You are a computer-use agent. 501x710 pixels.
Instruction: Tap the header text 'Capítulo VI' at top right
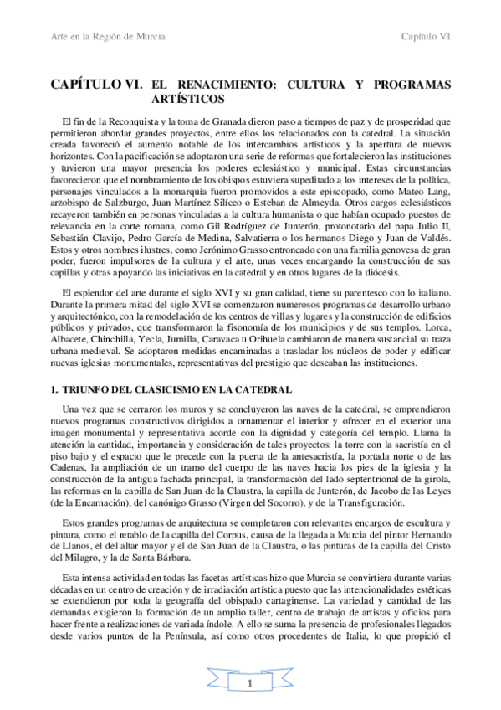tap(427, 37)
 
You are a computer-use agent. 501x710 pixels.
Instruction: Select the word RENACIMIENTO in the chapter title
tap(227, 85)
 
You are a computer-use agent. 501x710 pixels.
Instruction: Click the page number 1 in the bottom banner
tap(250, 686)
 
